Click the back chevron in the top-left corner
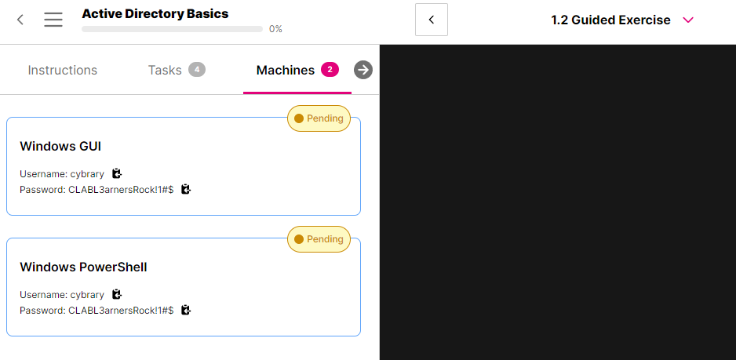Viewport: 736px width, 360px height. point(20,20)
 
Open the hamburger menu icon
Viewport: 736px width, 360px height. point(53,20)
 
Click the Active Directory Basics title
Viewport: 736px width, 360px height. point(155,13)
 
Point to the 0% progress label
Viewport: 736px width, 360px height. point(275,29)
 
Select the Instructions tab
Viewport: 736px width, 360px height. point(63,70)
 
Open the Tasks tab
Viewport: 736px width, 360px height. point(165,70)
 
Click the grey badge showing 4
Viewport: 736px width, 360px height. point(197,70)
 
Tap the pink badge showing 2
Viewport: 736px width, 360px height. point(330,70)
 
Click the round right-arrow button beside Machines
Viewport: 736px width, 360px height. point(363,70)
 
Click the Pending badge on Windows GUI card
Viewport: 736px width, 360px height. point(319,118)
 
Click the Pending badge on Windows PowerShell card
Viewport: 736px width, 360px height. point(319,239)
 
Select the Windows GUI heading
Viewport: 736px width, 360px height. point(60,146)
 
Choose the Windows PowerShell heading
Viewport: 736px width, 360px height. point(83,267)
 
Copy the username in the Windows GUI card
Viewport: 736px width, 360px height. point(117,173)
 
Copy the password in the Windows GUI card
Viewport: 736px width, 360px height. point(186,189)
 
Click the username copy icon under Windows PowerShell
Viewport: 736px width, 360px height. point(117,294)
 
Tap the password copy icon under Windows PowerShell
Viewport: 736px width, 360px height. point(186,310)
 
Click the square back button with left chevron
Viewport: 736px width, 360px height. point(432,20)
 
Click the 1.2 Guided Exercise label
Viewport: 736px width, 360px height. point(610,20)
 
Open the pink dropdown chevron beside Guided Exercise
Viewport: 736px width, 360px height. point(688,20)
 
